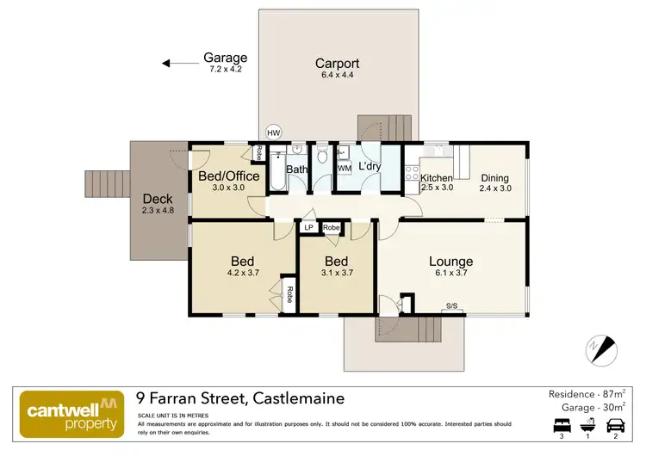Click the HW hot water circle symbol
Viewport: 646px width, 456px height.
(274, 133)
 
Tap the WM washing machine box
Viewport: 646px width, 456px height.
(344, 168)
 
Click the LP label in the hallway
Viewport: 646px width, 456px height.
(308, 228)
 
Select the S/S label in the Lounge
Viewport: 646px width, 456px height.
(451, 306)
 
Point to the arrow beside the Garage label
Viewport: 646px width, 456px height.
(177, 62)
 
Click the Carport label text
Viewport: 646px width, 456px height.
(337, 64)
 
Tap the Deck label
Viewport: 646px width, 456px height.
(158, 199)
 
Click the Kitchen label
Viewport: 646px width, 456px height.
(437, 178)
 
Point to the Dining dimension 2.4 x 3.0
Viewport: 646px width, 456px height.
(495, 188)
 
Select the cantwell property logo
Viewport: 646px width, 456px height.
(70, 411)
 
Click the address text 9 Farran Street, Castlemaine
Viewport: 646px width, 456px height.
(240, 398)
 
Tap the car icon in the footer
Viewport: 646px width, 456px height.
(616, 425)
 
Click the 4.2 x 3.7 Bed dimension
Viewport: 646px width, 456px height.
(242, 274)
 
